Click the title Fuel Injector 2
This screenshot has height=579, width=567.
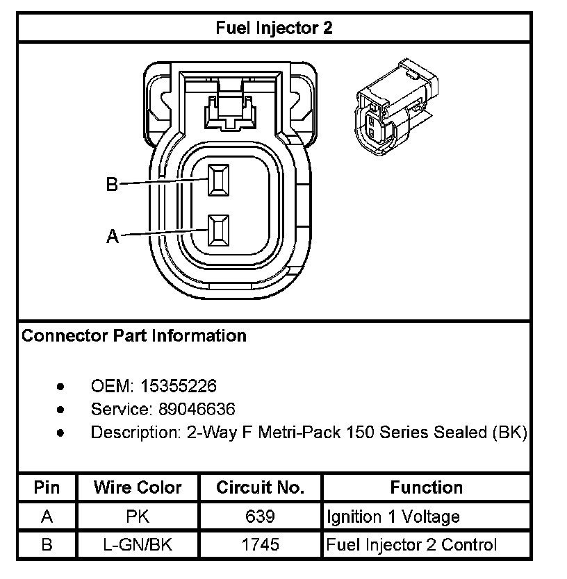click(x=274, y=28)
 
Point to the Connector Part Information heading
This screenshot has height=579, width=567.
click(x=134, y=336)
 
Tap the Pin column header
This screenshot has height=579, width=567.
click(x=47, y=487)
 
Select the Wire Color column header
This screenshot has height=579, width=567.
click(x=138, y=487)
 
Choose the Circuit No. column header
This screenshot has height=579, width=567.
click(x=261, y=487)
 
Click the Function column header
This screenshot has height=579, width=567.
click(x=426, y=487)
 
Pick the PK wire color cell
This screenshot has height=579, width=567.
click(x=138, y=517)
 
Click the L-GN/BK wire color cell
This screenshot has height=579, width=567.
click(x=138, y=545)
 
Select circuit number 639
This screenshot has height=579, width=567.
click(x=261, y=517)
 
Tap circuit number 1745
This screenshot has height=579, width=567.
click(x=261, y=545)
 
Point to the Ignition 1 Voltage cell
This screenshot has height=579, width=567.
click(x=393, y=517)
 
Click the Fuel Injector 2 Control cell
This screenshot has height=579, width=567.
click(x=412, y=545)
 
